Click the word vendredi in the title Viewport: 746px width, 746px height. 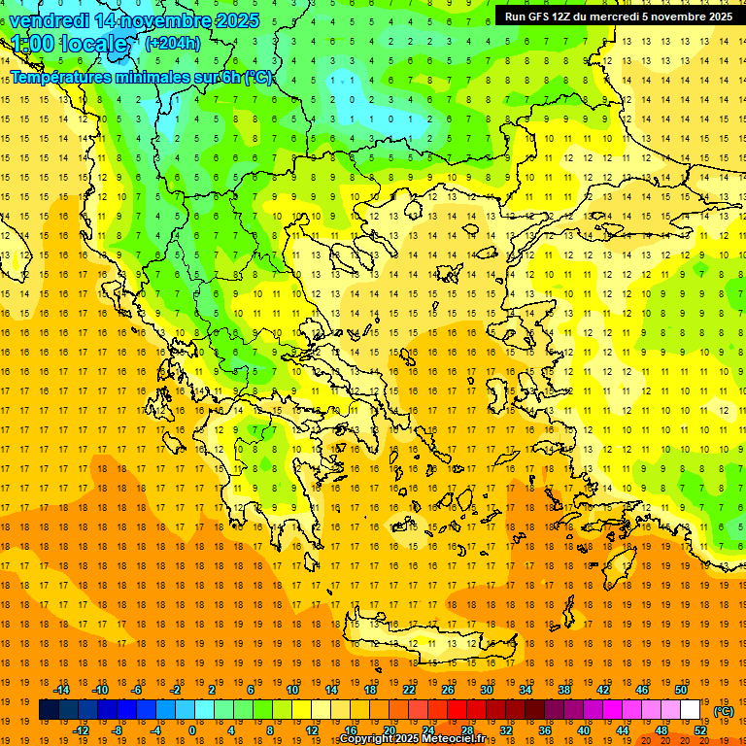click(x=49, y=19)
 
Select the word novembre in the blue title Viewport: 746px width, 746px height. click(x=166, y=19)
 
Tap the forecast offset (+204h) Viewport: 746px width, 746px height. click(x=172, y=43)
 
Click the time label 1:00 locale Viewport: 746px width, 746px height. click(x=71, y=45)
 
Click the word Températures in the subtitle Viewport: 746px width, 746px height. click(x=58, y=77)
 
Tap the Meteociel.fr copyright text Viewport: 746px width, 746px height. click(x=412, y=739)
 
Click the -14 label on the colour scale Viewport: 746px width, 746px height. click(x=61, y=690)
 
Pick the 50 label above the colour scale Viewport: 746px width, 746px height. click(x=681, y=690)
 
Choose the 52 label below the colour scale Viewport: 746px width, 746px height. click(x=700, y=729)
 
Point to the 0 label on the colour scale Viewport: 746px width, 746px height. click(x=191, y=729)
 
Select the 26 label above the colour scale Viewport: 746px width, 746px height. click(x=447, y=690)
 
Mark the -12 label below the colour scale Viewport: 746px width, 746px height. click(x=82, y=729)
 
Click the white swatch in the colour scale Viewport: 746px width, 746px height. click(x=691, y=710)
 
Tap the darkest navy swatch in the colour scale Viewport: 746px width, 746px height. click(x=49, y=710)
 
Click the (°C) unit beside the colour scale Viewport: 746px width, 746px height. click(x=723, y=711)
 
